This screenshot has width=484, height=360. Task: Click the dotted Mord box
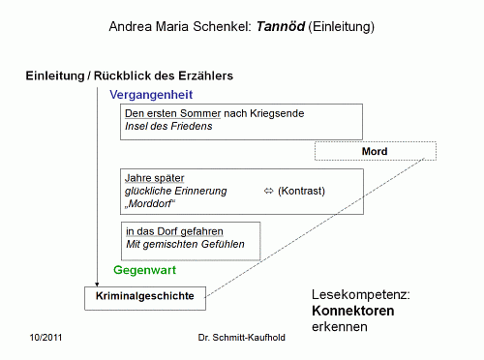click(375, 152)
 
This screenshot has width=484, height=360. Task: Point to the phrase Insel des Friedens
click(167, 127)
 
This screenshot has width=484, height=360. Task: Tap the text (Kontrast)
click(301, 191)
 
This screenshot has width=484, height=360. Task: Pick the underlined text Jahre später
click(154, 178)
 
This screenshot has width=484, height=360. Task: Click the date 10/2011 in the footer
click(47, 343)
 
